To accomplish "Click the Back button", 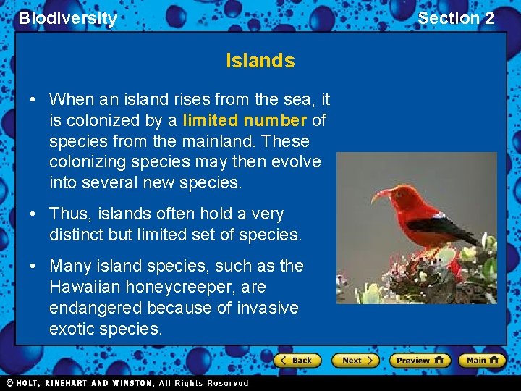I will click(297, 361).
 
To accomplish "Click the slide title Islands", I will click(260, 61).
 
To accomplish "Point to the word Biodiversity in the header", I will click(67, 19).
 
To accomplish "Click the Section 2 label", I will click(456, 19).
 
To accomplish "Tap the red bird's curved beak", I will click(381, 194).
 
